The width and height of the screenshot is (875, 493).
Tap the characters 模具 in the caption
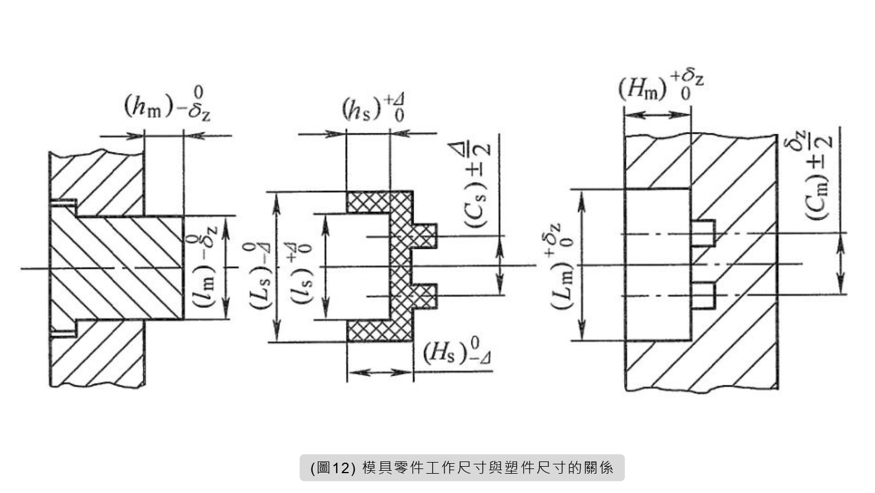click(374, 468)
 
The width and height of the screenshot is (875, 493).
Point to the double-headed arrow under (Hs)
click(380, 372)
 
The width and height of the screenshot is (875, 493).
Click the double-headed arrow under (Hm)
click(657, 114)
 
